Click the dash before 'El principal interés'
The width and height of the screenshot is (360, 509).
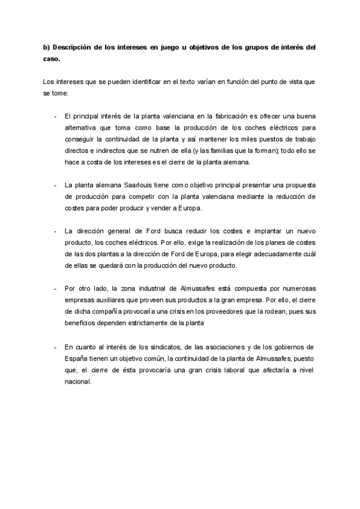[55, 116]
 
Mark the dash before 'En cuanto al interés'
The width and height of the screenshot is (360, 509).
[55, 347]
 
